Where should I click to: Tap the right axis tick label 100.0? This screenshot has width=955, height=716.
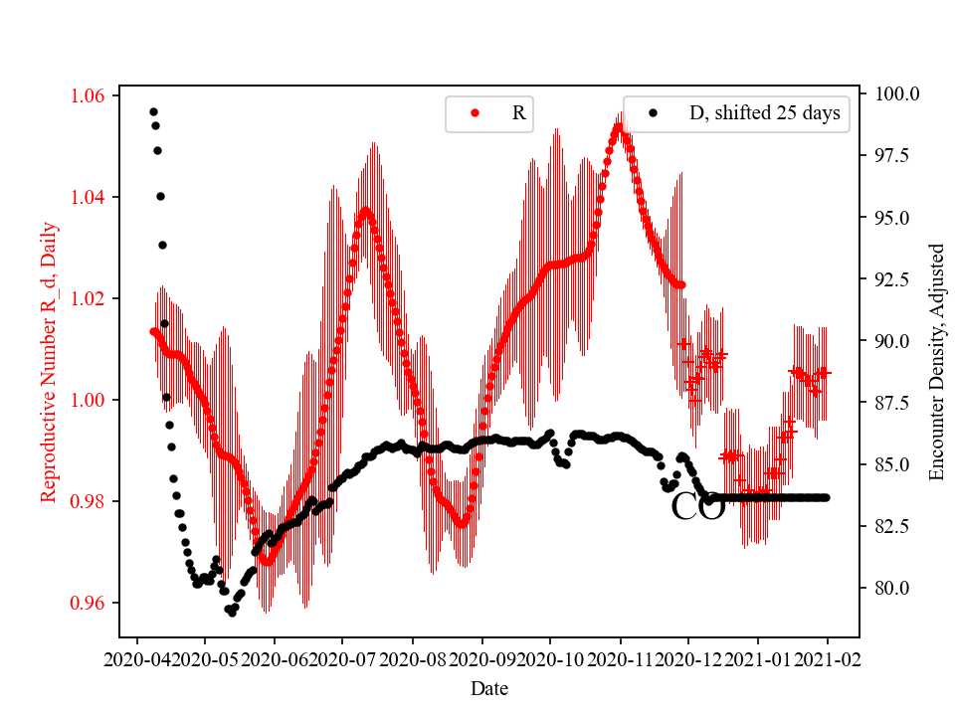(x=896, y=93)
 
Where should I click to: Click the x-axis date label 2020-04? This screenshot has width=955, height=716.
(x=136, y=658)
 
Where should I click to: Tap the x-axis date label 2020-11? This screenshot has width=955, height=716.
(x=620, y=658)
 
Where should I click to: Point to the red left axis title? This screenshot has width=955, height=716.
(x=49, y=362)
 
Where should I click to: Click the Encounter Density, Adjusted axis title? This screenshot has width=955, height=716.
(x=936, y=362)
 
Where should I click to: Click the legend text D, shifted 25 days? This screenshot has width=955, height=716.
(x=764, y=113)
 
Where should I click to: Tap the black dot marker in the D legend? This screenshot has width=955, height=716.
(x=653, y=113)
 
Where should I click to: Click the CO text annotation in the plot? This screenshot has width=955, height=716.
(x=697, y=506)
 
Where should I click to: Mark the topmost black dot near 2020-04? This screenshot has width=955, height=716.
(x=153, y=111)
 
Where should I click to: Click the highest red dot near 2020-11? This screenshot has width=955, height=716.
(x=618, y=127)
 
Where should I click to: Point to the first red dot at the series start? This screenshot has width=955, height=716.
(x=153, y=331)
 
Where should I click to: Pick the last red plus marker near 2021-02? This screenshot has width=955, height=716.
(x=824, y=372)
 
